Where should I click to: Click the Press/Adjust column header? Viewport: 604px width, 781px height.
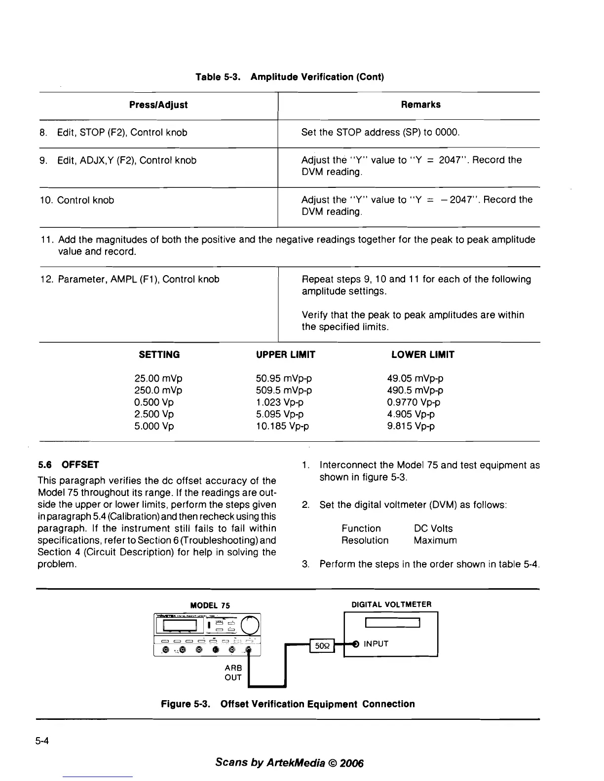pos(158,105)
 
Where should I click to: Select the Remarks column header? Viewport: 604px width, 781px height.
pos(420,105)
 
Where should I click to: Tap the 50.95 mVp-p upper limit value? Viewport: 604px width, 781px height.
pos(284,379)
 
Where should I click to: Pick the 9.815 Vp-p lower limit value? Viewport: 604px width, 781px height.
pos(411,426)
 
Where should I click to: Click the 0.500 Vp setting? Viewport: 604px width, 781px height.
pos(154,402)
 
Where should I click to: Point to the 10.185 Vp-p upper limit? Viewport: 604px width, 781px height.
pos(282,426)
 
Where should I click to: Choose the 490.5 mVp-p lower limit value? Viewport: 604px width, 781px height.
pos(415,390)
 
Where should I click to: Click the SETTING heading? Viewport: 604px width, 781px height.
pos(159,355)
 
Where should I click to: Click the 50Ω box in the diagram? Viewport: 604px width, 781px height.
pos(322,645)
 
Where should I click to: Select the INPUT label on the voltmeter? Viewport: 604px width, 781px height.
pos(376,644)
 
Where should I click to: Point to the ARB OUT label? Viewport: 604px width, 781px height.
pos(233,673)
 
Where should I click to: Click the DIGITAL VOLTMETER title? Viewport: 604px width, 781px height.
pos(391,604)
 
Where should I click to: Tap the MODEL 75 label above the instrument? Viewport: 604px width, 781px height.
pos(210,605)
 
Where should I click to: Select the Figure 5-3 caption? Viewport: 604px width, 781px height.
pos(288,704)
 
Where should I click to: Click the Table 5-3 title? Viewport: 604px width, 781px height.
pos(290,77)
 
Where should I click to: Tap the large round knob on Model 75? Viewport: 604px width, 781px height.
pos(250,625)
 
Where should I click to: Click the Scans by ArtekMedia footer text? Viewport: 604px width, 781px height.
pos(289,763)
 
